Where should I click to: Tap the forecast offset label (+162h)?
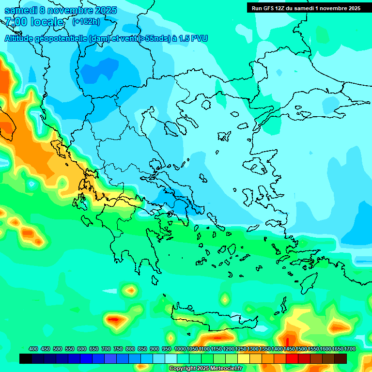(86, 22)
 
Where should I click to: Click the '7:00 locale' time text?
(33, 22)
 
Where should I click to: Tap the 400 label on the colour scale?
(33, 349)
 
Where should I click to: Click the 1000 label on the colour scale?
(180, 349)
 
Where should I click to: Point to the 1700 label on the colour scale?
(349, 349)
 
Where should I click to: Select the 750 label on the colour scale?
(118, 349)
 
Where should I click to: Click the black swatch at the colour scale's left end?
(26, 358)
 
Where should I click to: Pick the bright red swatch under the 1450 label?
(292, 358)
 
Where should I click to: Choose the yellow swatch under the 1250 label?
(244, 358)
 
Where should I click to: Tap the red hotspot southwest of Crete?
(116, 320)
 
